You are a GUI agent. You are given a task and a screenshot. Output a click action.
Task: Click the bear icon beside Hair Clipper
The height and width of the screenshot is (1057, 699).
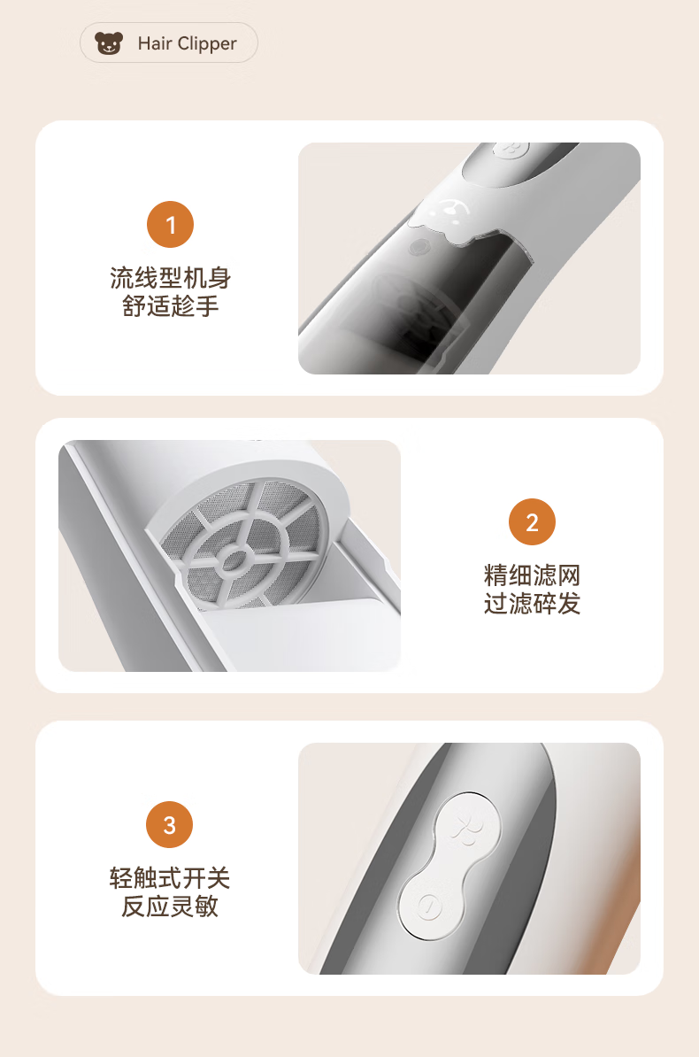pos(109,43)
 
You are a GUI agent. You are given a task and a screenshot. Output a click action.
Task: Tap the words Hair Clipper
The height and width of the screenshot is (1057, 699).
pos(188,43)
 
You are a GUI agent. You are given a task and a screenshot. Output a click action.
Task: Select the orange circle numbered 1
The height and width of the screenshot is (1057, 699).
pos(171,225)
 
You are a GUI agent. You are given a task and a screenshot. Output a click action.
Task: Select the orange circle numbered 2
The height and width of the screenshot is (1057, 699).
pos(532,521)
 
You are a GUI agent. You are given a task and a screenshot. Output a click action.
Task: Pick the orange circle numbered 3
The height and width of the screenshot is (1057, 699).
pos(170,824)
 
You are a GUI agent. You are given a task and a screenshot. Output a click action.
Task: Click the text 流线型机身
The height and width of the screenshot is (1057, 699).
pos(171,278)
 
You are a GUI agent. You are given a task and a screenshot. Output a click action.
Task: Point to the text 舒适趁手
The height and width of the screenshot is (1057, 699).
pos(171,306)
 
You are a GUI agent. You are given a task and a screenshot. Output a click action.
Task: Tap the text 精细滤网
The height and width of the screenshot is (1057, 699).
pos(532,575)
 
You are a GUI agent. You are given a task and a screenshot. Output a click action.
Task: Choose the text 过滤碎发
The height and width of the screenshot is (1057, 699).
pos(532,604)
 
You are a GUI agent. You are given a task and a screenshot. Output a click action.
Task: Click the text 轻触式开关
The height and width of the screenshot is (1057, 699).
pos(170,877)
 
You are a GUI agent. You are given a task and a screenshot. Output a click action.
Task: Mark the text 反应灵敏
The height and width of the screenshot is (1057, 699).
pos(170,906)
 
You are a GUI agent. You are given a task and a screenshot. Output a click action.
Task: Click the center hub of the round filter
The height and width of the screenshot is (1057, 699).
pos(234,559)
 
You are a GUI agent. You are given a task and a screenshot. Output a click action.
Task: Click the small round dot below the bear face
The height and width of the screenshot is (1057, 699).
pos(420,247)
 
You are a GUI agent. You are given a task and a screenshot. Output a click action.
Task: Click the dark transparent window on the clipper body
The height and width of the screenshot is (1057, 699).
pos(432,304)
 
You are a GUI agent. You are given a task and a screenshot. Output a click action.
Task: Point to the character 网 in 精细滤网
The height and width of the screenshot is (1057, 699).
pos(568,575)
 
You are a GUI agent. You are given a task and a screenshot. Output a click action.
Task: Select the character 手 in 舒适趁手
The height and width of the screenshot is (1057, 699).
pos(207,306)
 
